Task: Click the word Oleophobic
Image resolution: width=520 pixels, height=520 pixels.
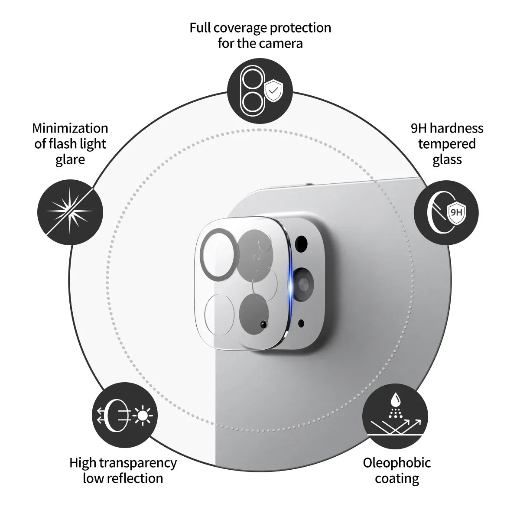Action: pos(396,462)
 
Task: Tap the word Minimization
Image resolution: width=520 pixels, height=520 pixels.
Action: pos(70,128)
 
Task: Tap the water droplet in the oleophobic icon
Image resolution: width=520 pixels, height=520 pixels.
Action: pos(395,398)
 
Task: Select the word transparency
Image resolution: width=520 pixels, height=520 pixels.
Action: pos(138,462)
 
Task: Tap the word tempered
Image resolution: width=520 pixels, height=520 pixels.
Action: pos(447,144)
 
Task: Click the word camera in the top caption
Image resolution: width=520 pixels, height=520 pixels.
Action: pos(281,43)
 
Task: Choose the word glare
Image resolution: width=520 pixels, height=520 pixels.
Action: pos(70,159)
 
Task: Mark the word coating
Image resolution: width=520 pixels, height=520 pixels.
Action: pos(396,478)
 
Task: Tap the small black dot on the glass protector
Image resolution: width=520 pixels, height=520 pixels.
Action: pos(262,324)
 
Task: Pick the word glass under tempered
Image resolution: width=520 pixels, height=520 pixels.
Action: pos(447,159)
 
